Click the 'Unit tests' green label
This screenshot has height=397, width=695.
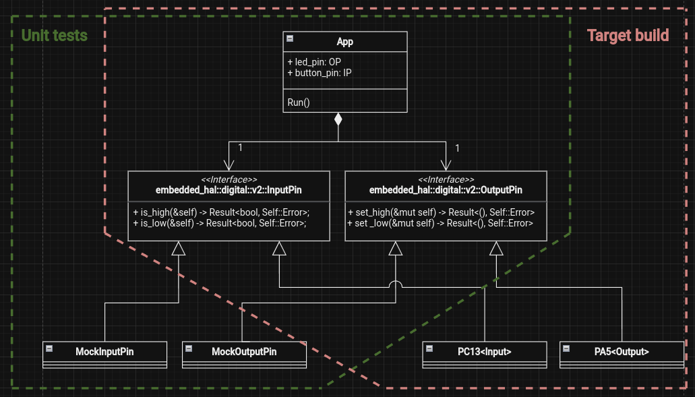pos(55,35)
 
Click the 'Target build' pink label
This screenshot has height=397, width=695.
pos(628,35)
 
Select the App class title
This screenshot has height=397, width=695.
pos(344,42)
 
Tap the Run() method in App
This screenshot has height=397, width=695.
pos(299,102)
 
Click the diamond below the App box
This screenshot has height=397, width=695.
pos(338,121)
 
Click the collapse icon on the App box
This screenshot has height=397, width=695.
pos(290,39)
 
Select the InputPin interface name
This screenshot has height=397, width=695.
pos(229,190)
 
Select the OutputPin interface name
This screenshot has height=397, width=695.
pos(446,190)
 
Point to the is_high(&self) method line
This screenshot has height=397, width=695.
pos(220,212)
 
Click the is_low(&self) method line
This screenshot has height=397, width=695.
pos(220,222)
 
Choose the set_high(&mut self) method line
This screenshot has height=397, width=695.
pos(441,212)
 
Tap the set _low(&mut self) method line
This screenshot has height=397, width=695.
pos(441,222)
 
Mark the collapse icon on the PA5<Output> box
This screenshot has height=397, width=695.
pos(567,348)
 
